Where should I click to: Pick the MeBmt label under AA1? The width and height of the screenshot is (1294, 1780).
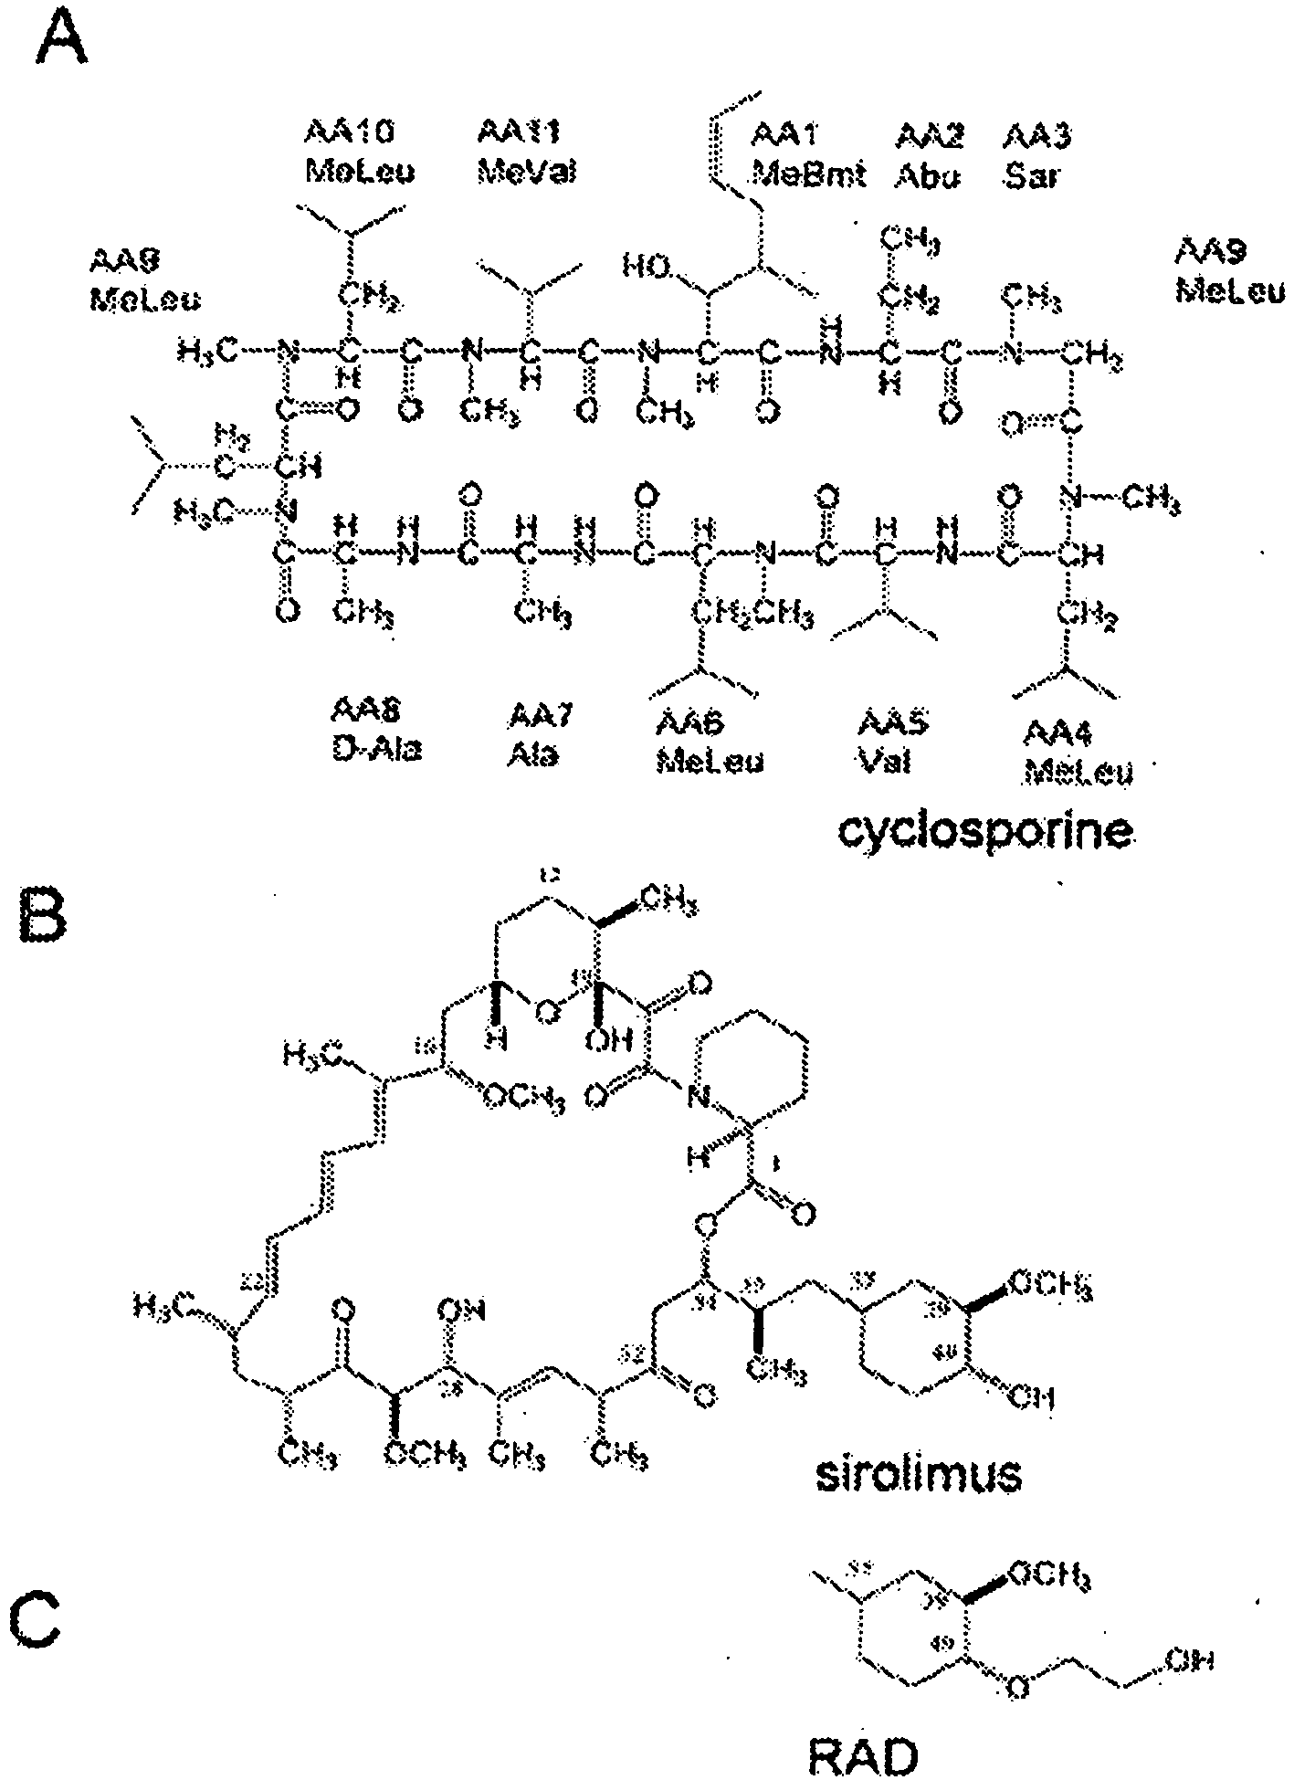coord(807,174)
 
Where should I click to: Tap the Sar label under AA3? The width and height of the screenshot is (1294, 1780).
coord(1031,174)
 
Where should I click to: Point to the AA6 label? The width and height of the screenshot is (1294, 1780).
coord(689,723)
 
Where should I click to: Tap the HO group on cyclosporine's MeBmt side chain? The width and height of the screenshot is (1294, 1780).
coord(647,267)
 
